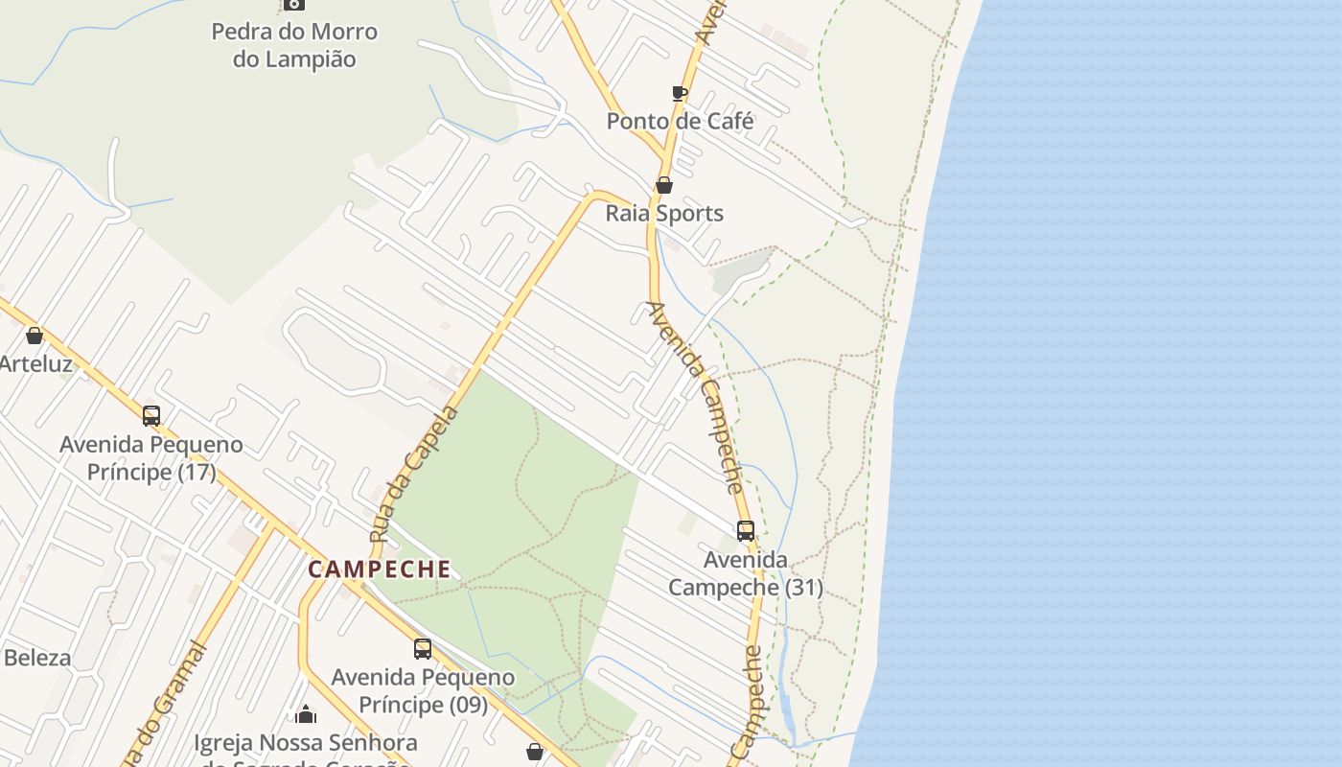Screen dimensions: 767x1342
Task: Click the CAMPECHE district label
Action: point(380,569)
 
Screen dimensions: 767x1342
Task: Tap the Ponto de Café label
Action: point(680,122)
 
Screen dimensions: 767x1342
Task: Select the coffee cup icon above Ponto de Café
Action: point(680,93)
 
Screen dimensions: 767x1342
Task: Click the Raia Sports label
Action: point(664,213)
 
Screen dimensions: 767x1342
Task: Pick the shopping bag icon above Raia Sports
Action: point(663,184)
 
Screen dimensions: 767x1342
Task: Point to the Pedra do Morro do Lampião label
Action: point(294,45)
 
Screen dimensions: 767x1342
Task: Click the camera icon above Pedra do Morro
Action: point(294,4)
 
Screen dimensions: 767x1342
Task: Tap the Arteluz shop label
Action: point(35,364)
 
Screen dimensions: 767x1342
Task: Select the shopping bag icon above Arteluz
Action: point(35,336)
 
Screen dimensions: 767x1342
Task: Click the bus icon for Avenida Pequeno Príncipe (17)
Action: point(151,416)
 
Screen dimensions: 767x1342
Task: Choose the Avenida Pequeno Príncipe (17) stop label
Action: point(151,458)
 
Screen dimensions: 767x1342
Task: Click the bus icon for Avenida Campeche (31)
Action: point(746,530)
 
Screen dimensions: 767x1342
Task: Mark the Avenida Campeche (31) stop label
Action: point(746,573)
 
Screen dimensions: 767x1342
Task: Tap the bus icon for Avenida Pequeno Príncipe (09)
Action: point(423,649)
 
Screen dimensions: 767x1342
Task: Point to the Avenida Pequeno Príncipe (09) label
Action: point(423,691)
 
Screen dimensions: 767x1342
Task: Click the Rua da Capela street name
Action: point(415,473)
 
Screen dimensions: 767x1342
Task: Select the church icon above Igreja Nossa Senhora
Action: point(306,714)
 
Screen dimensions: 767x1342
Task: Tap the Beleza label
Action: point(37,658)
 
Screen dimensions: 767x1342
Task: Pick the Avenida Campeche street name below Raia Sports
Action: point(698,396)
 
